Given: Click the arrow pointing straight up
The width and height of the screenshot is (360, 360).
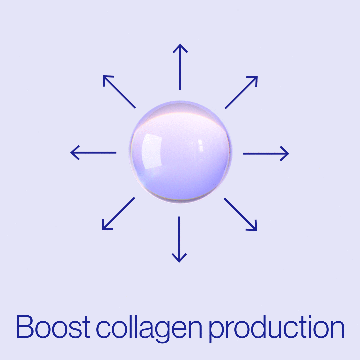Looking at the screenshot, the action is point(180,67).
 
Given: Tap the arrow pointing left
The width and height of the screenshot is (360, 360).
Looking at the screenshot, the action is point(94,153).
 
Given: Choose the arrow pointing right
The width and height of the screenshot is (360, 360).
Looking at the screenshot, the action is point(266,153).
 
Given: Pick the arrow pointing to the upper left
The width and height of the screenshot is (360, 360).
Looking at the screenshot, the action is point(119,92).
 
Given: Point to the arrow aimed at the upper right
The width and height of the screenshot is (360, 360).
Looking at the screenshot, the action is point(241,92).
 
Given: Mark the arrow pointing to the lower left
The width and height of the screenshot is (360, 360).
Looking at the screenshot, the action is point(118,214).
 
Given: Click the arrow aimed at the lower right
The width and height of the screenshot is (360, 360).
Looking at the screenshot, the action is point(240,214).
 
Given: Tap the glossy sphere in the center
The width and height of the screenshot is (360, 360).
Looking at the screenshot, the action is point(180,152).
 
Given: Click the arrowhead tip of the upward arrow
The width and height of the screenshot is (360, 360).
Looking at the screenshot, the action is point(180,45).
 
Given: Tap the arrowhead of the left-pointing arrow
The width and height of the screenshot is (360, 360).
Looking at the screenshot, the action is point(72,153).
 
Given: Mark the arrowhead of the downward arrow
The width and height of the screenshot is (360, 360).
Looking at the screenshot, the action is point(179,261).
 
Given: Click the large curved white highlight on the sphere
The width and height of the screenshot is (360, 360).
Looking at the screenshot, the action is point(151,152).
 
